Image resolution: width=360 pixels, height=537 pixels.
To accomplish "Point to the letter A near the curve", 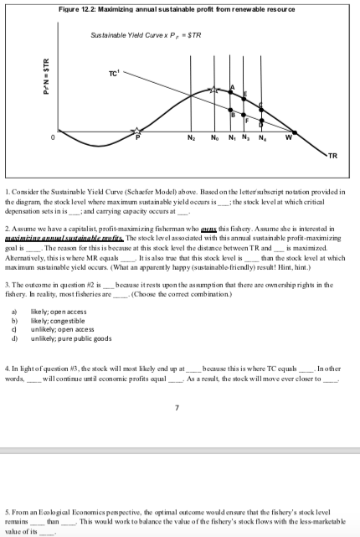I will tap(232, 81).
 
